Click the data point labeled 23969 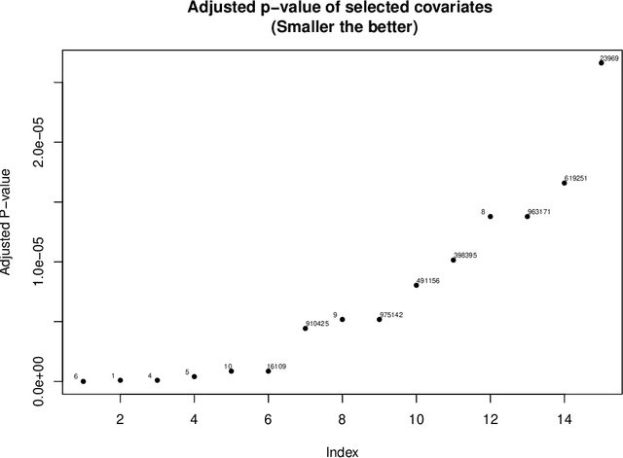(x=602, y=62)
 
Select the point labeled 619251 (x=565, y=183)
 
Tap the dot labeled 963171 (x=528, y=216)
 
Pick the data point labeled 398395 (x=454, y=260)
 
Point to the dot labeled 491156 (x=417, y=285)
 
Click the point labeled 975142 (x=380, y=319)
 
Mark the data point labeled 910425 (x=306, y=328)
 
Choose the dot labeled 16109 (x=269, y=370)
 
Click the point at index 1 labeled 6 (x=84, y=381)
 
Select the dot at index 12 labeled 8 (x=491, y=216)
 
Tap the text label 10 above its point (x=228, y=367)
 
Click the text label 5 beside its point (x=187, y=372)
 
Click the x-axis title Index (x=343, y=449)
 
